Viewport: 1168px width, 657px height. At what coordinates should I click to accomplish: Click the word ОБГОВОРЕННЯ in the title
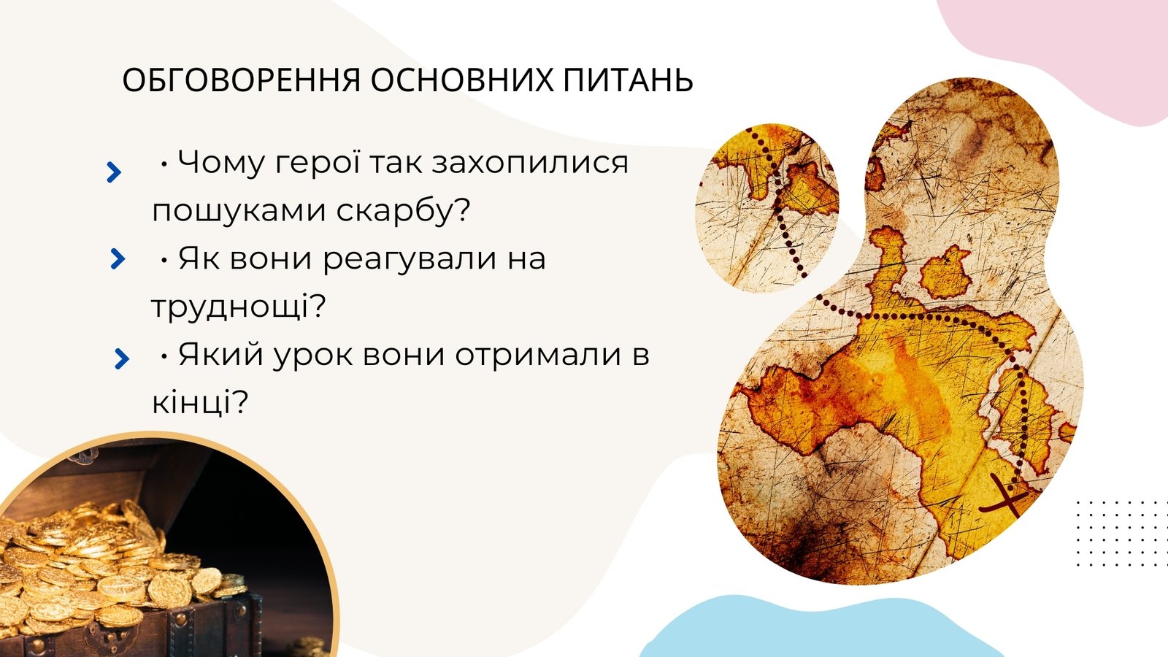click(242, 80)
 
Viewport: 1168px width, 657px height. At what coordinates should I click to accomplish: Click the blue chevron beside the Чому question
click(114, 172)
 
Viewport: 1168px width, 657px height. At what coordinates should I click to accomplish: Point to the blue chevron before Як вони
click(118, 258)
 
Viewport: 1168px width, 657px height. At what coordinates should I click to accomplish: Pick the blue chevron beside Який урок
click(121, 358)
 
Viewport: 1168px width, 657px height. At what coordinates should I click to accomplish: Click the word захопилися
click(530, 162)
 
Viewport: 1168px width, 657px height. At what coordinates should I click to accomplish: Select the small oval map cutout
click(767, 207)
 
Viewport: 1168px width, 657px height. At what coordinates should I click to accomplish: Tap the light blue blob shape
click(821, 629)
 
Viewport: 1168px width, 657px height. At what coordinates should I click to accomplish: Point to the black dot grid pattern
click(1121, 534)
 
